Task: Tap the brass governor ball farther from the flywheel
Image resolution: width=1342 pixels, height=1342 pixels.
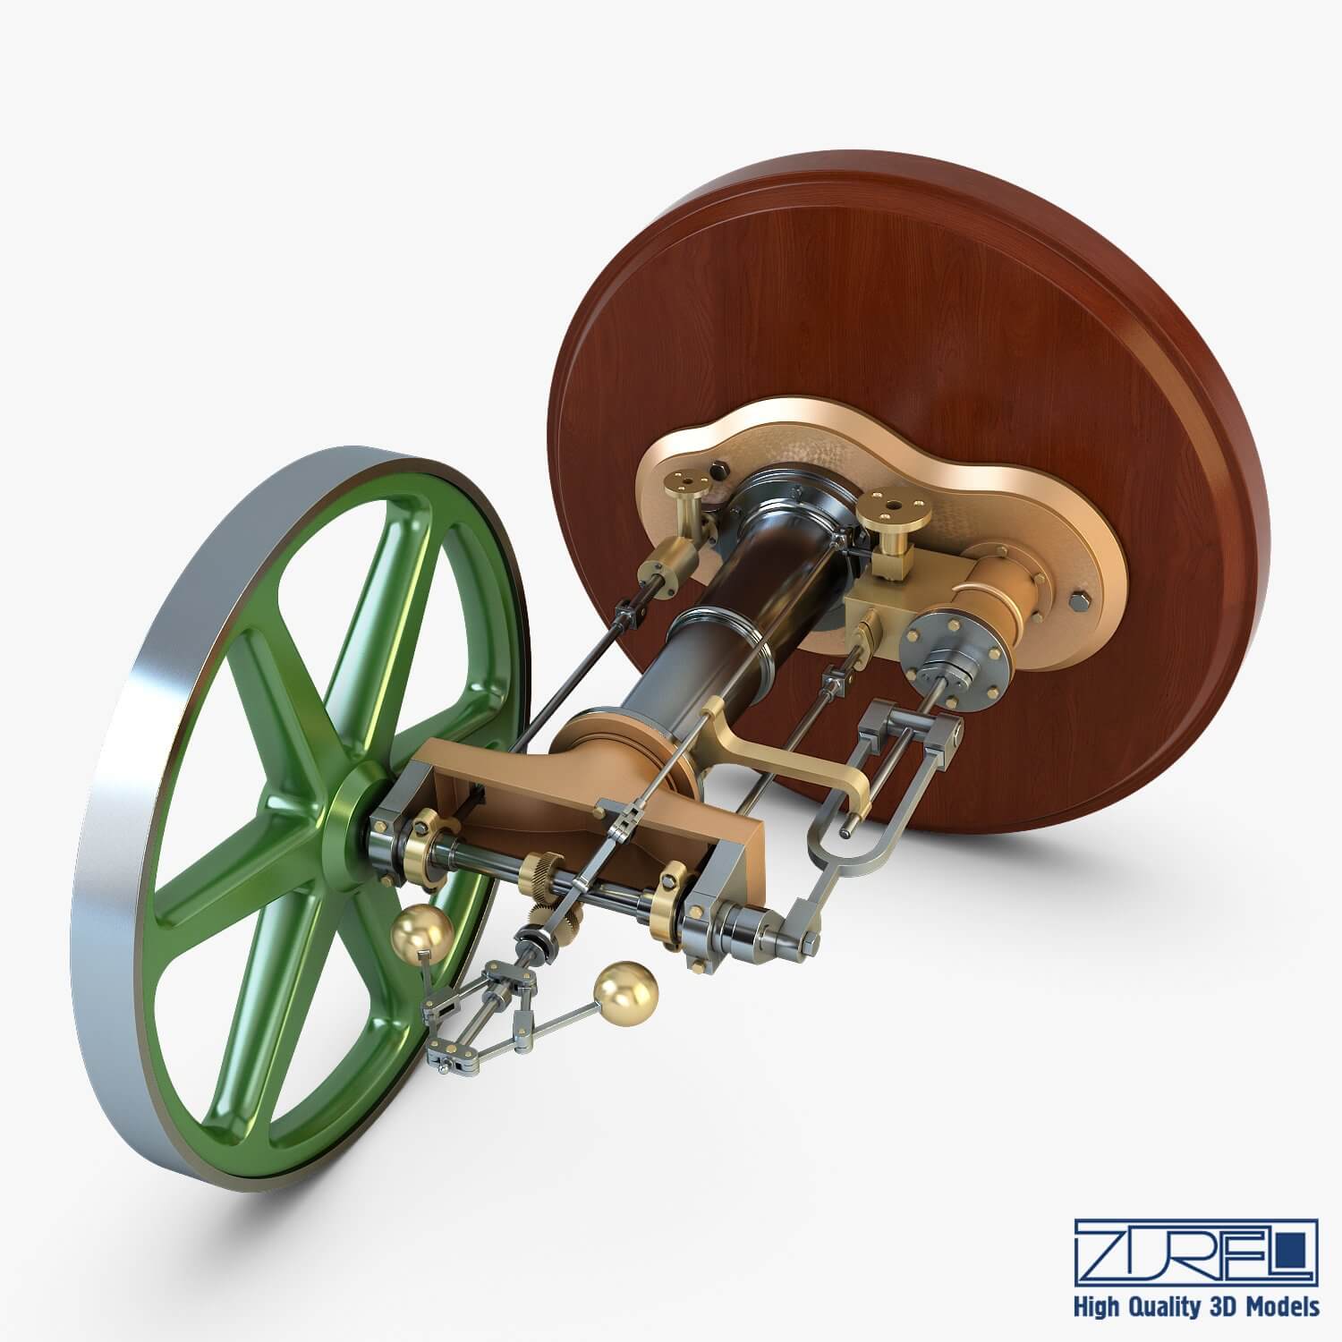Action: [x=625, y=990]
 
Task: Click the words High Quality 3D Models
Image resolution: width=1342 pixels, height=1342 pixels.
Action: [x=1196, y=1307]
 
